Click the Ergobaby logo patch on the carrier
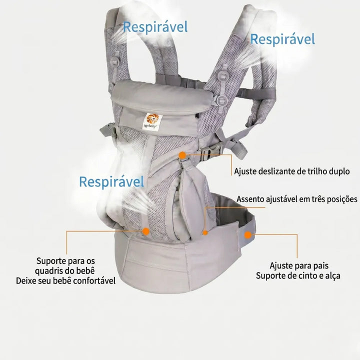152,122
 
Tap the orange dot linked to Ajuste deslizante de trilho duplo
182,155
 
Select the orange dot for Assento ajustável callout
205,233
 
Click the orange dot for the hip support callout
146,231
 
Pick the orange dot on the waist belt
248,235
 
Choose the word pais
320,266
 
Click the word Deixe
26,281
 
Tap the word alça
332,276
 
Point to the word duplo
339,171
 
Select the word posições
342,199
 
